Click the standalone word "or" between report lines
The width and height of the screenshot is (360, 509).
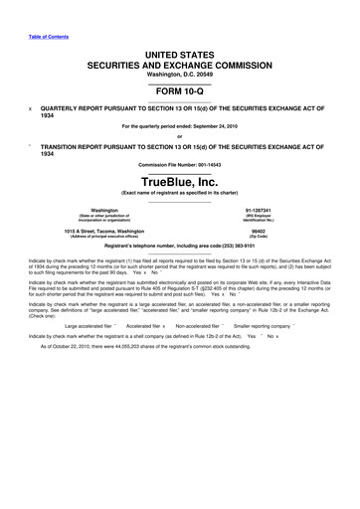coord(180,135)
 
